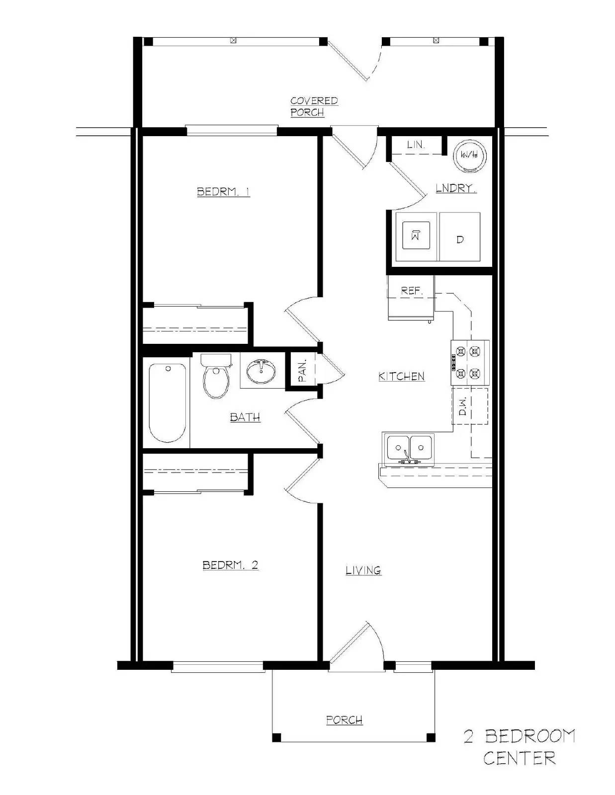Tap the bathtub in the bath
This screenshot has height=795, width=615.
pyautogui.click(x=168, y=403)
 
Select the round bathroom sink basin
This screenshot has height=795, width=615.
pyautogui.click(x=261, y=371)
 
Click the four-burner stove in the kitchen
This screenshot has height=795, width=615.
pyautogui.click(x=470, y=362)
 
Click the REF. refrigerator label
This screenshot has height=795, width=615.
pyautogui.click(x=412, y=291)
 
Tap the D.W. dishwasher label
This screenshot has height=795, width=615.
pyautogui.click(x=463, y=406)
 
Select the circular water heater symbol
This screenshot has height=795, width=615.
pyautogui.click(x=470, y=155)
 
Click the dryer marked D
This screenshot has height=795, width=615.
pyautogui.click(x=460, y=237)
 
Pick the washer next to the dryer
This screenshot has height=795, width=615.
pyautogui.click(x=416, y=236)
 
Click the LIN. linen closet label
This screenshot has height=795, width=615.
pyautogui.click(x=416, y=145)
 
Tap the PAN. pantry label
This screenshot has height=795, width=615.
pyautogui.click(x=303, y=371)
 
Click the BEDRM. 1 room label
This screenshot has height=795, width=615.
pyautogui.click(x=223, y=192)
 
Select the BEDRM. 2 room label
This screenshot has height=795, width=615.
pyautogui.click(x=230, y=565)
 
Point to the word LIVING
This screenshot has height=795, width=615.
pyautogui.click(x=363, y=570)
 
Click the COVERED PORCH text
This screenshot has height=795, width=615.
pyautogui.click(x=314, y=106)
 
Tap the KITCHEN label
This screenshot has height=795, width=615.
pyautogui.click(x=401, y=377)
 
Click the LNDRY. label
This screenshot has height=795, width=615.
pyautogui.click(x=456, y=189)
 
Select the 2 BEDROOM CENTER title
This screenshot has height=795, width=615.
pyautogui.click(x=519, y=747)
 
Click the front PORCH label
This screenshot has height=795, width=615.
pyautogui.click(x=344, y=720)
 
